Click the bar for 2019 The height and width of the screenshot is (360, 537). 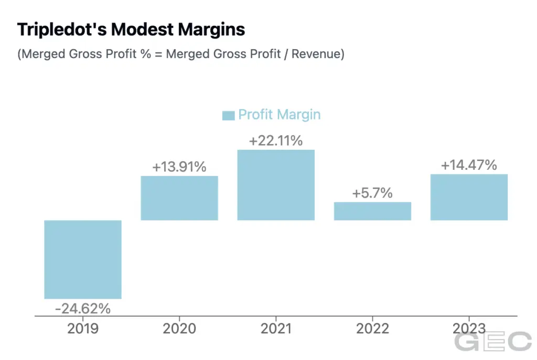[x=83, y=259]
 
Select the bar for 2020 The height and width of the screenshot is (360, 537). [x=179, y=198]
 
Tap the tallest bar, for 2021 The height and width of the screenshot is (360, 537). [x=276, y=185]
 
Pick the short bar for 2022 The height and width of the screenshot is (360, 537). [x=372, y=211]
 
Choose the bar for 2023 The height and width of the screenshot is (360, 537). [x=469, y=197]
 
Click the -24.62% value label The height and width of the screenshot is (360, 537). [x=83, y=309]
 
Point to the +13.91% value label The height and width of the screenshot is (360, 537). [x=179, y=168]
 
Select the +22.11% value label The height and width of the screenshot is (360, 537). [x=276, y=141]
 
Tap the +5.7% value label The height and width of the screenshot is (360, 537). [x=372, y=193]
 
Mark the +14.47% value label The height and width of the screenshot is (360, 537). [x=469, y=166]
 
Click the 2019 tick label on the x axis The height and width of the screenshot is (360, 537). [x=83, y=329]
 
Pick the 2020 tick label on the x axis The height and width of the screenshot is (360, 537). [x=179, y=329]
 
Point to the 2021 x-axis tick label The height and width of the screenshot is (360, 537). [x=276, y=329]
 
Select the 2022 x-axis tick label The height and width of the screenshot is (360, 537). [x=372, y=329]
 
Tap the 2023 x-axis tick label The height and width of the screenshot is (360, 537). [x=469, y=329]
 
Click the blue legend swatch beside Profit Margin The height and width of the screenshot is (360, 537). [x=228, y=115]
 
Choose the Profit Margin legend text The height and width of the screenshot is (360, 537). [x=279, y=115]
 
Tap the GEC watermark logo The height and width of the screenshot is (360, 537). [x=492, y=342]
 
